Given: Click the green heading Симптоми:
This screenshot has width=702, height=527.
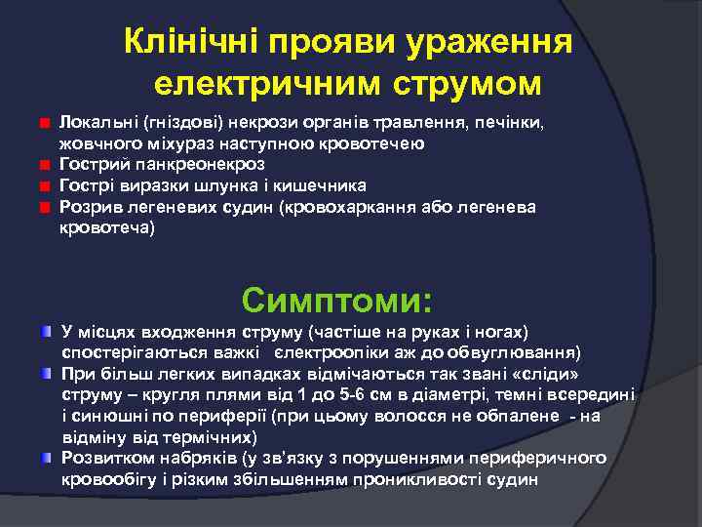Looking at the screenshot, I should (337, 298).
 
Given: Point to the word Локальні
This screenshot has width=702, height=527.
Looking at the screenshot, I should (97, 125).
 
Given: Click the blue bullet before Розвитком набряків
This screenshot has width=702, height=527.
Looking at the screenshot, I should (46, 457).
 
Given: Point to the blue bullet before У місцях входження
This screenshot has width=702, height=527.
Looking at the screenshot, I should (46, 332).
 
